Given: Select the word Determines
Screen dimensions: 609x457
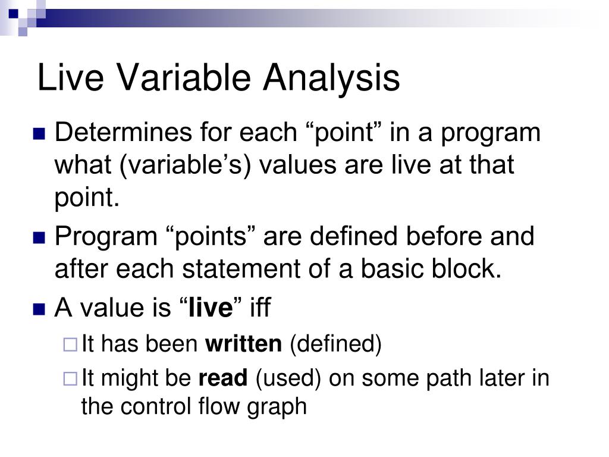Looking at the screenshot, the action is (x=123, y=132).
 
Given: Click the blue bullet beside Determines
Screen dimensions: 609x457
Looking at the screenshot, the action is (x=39, y=134).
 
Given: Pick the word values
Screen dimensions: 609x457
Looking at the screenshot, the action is (x=297, y=165).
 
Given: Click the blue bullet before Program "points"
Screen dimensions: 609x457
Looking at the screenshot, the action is (x=39, y=237).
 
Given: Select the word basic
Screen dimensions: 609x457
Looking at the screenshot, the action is (x=392, y=268).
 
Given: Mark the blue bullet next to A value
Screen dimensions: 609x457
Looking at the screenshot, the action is (x=39, y=309).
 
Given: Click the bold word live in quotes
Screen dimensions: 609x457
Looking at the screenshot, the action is (x=211, y=308).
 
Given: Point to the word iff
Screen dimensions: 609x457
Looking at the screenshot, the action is (x=260, y=307).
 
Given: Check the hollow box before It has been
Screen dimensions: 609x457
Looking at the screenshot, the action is (x=70, y=345).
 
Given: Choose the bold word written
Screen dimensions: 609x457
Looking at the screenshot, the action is (x=243, y=344).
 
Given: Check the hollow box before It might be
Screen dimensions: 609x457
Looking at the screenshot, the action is (x=70, y=378).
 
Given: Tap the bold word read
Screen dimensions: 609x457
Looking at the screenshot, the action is (x=223, y=378).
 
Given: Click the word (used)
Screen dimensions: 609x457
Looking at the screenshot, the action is (x=288, y=378).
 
